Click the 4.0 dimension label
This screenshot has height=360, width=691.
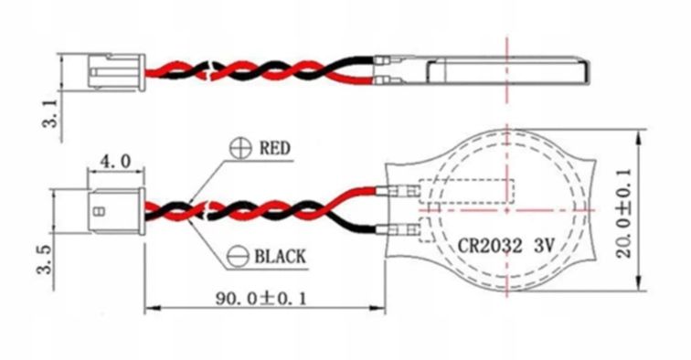point(115,162)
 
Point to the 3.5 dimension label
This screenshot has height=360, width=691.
point(45,260)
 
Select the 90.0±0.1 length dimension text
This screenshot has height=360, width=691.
point(260,299)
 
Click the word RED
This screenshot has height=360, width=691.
point(275,148)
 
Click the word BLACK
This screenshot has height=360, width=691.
point(280,256)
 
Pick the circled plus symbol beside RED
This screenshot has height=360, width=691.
point(240,148)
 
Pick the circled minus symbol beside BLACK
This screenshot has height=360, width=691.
point(238,257)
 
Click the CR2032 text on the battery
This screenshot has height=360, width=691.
point(490,246)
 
